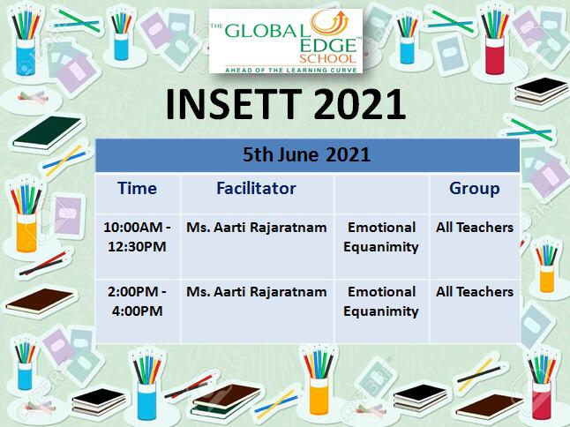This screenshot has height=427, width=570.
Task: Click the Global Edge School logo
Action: tap(286, 41)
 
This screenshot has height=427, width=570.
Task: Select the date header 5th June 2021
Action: tap(306, 154)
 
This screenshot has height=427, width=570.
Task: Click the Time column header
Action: tap(137, 188)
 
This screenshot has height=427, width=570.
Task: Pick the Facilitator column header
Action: tap(256, 188)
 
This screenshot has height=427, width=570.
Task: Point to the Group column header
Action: tap(475, 189)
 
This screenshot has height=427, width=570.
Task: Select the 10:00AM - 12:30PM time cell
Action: tap(137, 237)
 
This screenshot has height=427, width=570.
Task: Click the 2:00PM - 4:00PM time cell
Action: tap(137, 301)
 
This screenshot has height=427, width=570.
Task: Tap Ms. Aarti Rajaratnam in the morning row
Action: tap(256, 228)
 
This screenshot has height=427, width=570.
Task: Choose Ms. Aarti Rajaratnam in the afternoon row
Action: tap(256, 292)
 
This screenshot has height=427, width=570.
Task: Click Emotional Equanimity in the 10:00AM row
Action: tap(381, 237)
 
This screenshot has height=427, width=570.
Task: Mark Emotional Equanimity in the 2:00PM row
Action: tap(381, 302)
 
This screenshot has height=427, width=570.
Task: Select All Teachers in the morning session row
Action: tap(475, 228)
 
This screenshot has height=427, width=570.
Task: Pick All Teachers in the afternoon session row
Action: tap(475, 292)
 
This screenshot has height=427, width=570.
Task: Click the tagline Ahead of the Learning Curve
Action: tap(291, 70)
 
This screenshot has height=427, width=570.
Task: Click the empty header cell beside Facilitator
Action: tap(381, 194)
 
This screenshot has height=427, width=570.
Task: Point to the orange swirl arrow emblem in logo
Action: tap(330, 23)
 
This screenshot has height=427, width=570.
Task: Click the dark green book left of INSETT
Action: tap(48, 132)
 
